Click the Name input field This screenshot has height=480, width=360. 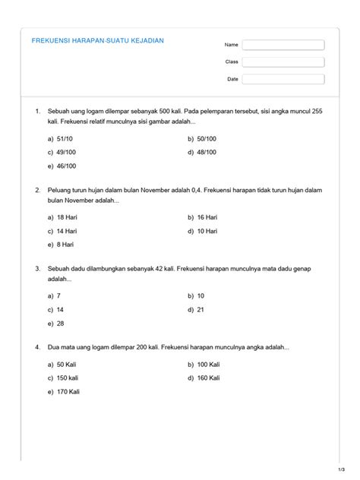[x=284, y=45]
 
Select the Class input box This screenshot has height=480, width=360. [x=284, y=62]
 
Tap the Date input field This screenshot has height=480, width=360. [x=284, y=79]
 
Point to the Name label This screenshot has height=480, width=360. [x=232, y=45]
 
